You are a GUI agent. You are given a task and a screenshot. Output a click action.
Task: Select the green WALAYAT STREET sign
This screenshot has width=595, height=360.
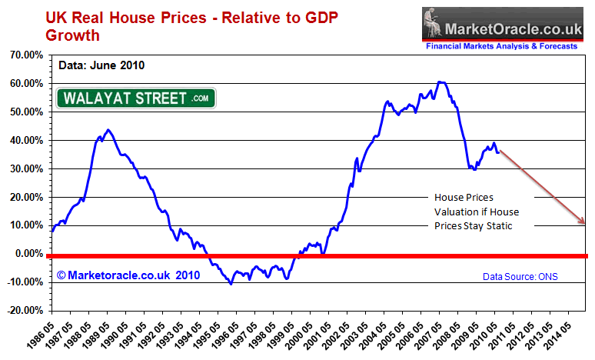136,98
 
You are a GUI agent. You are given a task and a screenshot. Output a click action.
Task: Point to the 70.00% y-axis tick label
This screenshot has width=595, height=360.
25,55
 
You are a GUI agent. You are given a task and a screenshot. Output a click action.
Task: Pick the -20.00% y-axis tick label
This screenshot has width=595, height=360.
25,310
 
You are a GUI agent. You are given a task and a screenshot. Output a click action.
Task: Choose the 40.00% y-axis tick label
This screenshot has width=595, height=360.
25,140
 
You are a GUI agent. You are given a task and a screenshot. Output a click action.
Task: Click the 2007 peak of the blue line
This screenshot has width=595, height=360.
439,82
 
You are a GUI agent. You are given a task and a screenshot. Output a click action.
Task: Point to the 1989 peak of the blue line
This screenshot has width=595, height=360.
108,130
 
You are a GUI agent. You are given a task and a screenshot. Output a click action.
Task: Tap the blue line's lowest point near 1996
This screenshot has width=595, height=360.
231,284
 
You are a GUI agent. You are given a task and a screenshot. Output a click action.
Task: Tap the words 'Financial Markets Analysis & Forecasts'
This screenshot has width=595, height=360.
502,47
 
